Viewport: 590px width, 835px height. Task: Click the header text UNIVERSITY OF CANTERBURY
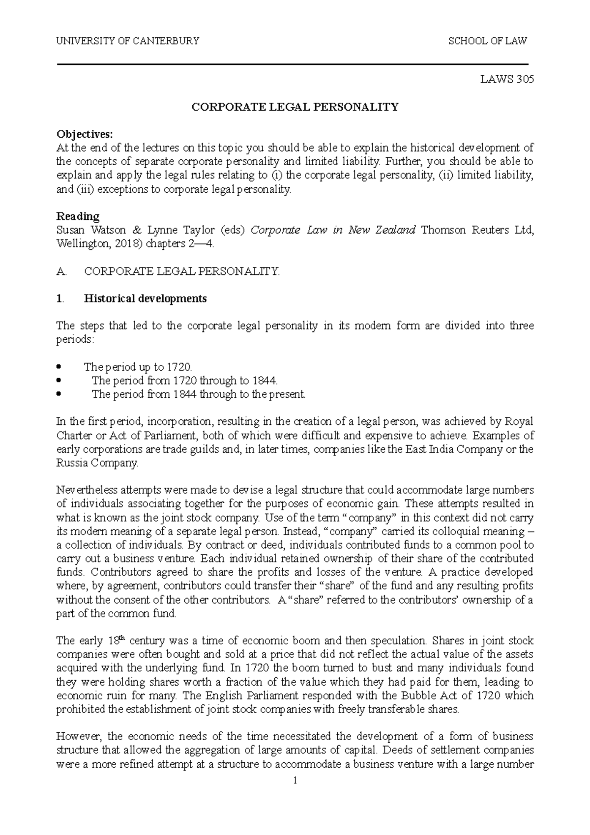coord(128,41)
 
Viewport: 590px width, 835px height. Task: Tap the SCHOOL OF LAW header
coord(487,41)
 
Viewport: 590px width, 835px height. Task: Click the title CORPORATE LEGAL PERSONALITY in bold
coord(295,107)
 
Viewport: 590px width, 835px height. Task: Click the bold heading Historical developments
coord(146,298)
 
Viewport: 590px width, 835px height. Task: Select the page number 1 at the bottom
coord(295,780)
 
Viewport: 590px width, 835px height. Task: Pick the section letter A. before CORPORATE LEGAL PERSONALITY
coord(61,271)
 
